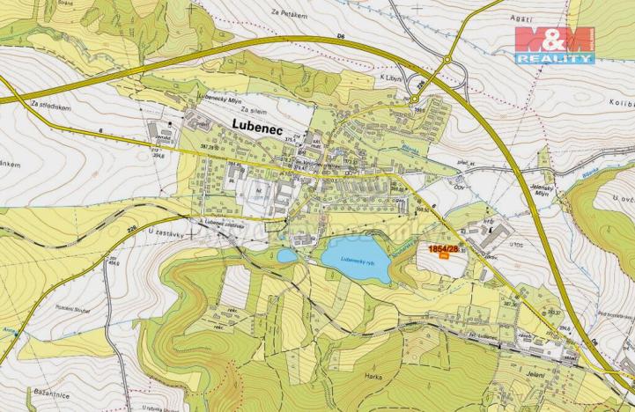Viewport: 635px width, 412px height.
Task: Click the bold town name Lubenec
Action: coord(261,127)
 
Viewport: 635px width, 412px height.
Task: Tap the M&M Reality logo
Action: coord(554,45)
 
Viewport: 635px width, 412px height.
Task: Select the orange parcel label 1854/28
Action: coord(443,249)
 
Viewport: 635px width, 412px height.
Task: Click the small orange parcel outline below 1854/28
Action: coord(443,256)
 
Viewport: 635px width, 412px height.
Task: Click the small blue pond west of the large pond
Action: coord(287,255)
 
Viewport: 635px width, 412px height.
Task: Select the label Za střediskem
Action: coord(49,104)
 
